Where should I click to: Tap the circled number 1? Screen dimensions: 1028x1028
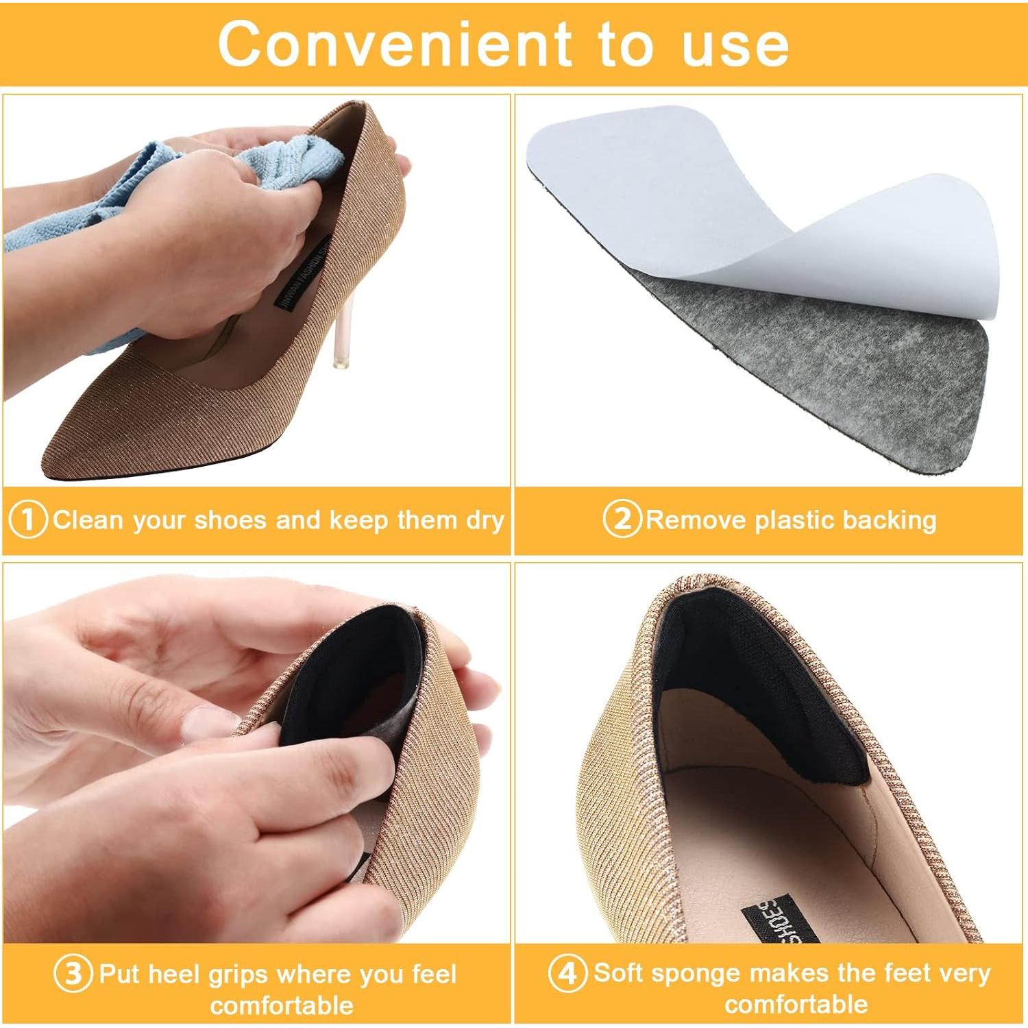[x=27, y=520]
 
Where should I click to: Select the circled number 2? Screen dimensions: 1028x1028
[x=621, y=519]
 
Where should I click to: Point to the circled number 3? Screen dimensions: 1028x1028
[x=73, y=974]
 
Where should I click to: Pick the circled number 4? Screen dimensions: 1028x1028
[x=567, y=972]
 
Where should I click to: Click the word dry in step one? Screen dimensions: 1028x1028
[x=485, y=520]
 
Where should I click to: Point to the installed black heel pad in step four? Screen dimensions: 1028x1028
[x=754, y=685]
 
